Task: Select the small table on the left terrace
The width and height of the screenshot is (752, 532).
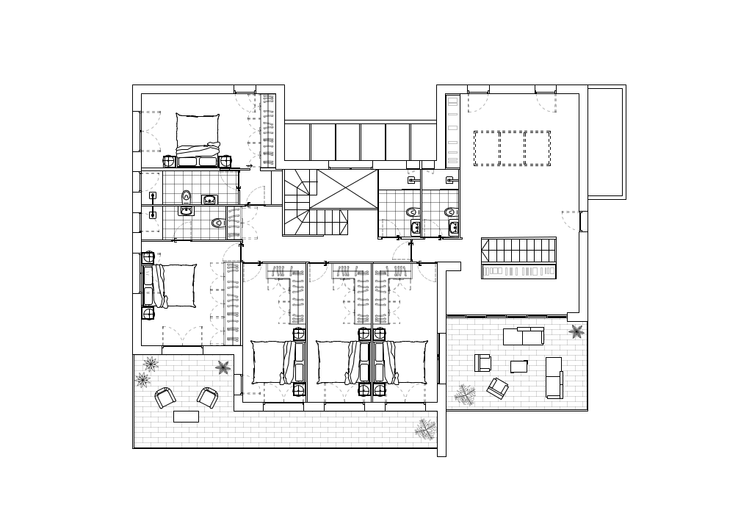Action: pyautogui.click(x=186, y=417)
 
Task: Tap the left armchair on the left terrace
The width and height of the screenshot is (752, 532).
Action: pyautogui.click(x=164, y=398)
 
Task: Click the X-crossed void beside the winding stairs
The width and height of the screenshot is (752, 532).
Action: pyautogui.click(x=343, y=189)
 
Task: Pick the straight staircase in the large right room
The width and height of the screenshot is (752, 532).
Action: pyautogui.click(x=518, y=250)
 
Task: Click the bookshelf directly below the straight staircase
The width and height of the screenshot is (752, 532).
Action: pyautogui.click(x=518, y=271)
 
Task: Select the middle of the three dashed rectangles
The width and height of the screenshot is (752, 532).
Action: pyautogui.click(x=512, y=148)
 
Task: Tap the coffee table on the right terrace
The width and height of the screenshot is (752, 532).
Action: pyautogui.click(x=518, y=366)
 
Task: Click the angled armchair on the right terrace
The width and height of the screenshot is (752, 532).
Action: pyautogui.click(x=498, y=387)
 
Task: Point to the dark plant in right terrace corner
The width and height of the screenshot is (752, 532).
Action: pyautogui.click(x=576, y=331)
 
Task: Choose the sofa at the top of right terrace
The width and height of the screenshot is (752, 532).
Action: pyautogui.click(x=523, y=336)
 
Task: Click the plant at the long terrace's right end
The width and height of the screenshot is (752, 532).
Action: pyautogui.click(x=424, y=428)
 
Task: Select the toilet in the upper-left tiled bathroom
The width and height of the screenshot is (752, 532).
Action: pyautogui.click(x=187, y=196)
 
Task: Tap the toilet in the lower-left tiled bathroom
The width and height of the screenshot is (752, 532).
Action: pyautogui.click(x=217, y=223)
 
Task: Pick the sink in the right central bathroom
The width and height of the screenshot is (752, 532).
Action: pyautogui.click(x=453, y=227)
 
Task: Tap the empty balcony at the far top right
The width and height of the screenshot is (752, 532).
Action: pyautogui.click(x=605, y=141)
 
